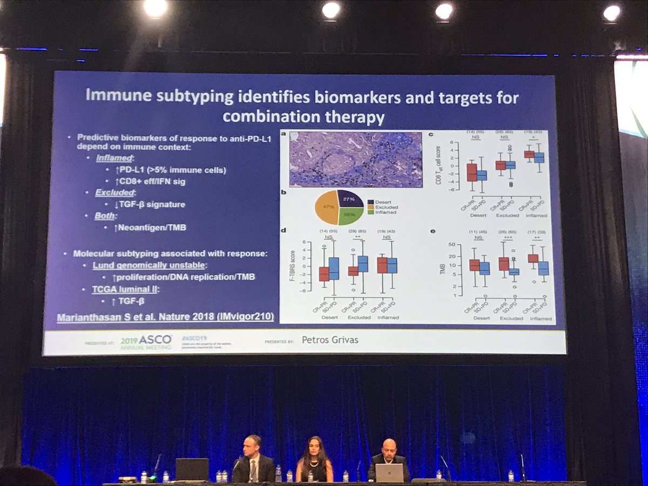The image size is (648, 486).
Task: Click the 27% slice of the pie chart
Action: pos(350,199)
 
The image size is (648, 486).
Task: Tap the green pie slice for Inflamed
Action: pos(349,216)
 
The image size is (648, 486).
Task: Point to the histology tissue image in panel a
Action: pos(355,159)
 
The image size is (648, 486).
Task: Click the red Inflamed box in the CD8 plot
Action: pos(529,154)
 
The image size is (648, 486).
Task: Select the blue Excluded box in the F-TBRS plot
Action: pos(363,264)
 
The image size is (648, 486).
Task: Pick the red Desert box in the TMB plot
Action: pos(474,265)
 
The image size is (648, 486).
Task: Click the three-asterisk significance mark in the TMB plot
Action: pos(509,238)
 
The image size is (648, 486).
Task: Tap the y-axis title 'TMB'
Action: pos(442,268)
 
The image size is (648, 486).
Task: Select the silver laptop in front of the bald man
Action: pos(389,473)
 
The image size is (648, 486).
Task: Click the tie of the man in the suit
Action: pos(252,469)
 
